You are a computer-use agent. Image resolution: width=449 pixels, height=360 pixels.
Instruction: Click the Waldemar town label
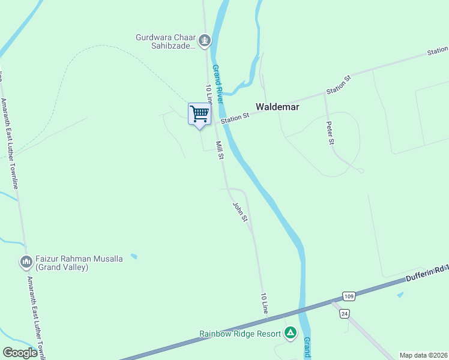click(x=277, y=107)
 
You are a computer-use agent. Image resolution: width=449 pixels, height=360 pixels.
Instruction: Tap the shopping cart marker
click(x=199, y=113)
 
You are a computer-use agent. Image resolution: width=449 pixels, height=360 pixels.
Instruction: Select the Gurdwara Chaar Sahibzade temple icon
click(x=205, y=41)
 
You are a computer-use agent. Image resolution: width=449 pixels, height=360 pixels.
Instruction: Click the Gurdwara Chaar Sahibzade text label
click(x=166, y=41)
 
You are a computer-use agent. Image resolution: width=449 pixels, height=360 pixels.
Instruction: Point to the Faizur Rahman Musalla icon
click(x=26, y=262)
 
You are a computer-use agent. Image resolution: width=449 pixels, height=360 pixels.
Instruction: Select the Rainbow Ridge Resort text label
click(x=240, y=333)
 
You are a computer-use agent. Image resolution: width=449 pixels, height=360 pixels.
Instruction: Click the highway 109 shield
click(x=349, y=296)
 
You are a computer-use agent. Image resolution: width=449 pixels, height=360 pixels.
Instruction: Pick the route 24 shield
click(x=345, y=313)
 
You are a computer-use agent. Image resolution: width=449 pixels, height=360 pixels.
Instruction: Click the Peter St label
click(x=330, y=133)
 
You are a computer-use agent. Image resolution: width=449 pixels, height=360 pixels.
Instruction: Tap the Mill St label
click(x=220, y=150)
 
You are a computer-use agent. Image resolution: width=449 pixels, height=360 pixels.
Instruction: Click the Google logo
click(x=20, y=353)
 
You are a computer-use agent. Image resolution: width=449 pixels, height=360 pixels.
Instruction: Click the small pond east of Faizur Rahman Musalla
click(x=133, y=256)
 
